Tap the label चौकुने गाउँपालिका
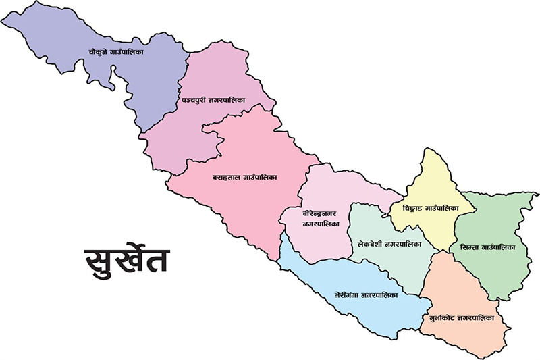click(126, 51)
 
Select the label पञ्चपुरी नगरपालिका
click(213, 100)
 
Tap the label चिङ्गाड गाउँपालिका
click(430, 207)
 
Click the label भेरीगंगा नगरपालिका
click(366, 295)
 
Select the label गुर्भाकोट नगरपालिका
click(462, 317)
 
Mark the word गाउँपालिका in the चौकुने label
click(141, 51)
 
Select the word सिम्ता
click(468, 247)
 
